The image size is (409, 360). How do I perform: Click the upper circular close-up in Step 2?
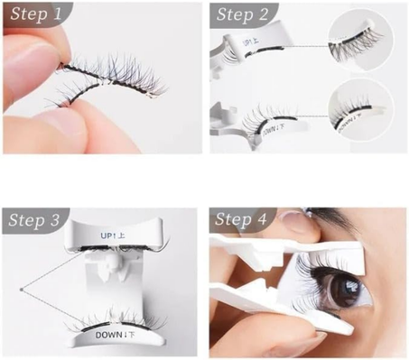click(365, 41)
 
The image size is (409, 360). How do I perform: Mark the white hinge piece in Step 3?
click(111, 265)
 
